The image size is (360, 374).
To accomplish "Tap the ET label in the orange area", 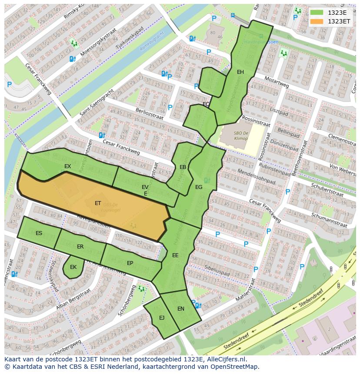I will coord(98,203).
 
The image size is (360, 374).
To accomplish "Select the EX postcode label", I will coord(67,166).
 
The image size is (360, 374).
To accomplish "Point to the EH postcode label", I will coord(240,72).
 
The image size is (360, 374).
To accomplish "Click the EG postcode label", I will coord(199,187).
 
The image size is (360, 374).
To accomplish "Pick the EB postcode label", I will coord(183,167).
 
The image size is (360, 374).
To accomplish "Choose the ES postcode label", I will coord(39,233).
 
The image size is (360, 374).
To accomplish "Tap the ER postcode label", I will coord(80,247).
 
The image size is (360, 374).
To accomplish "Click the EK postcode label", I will coord(73,267).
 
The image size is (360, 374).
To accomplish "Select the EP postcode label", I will coord(130,263).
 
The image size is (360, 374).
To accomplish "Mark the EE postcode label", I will coord(175,255).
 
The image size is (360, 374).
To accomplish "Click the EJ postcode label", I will coord(162,318).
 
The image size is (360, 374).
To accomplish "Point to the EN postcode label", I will coord(181,309).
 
